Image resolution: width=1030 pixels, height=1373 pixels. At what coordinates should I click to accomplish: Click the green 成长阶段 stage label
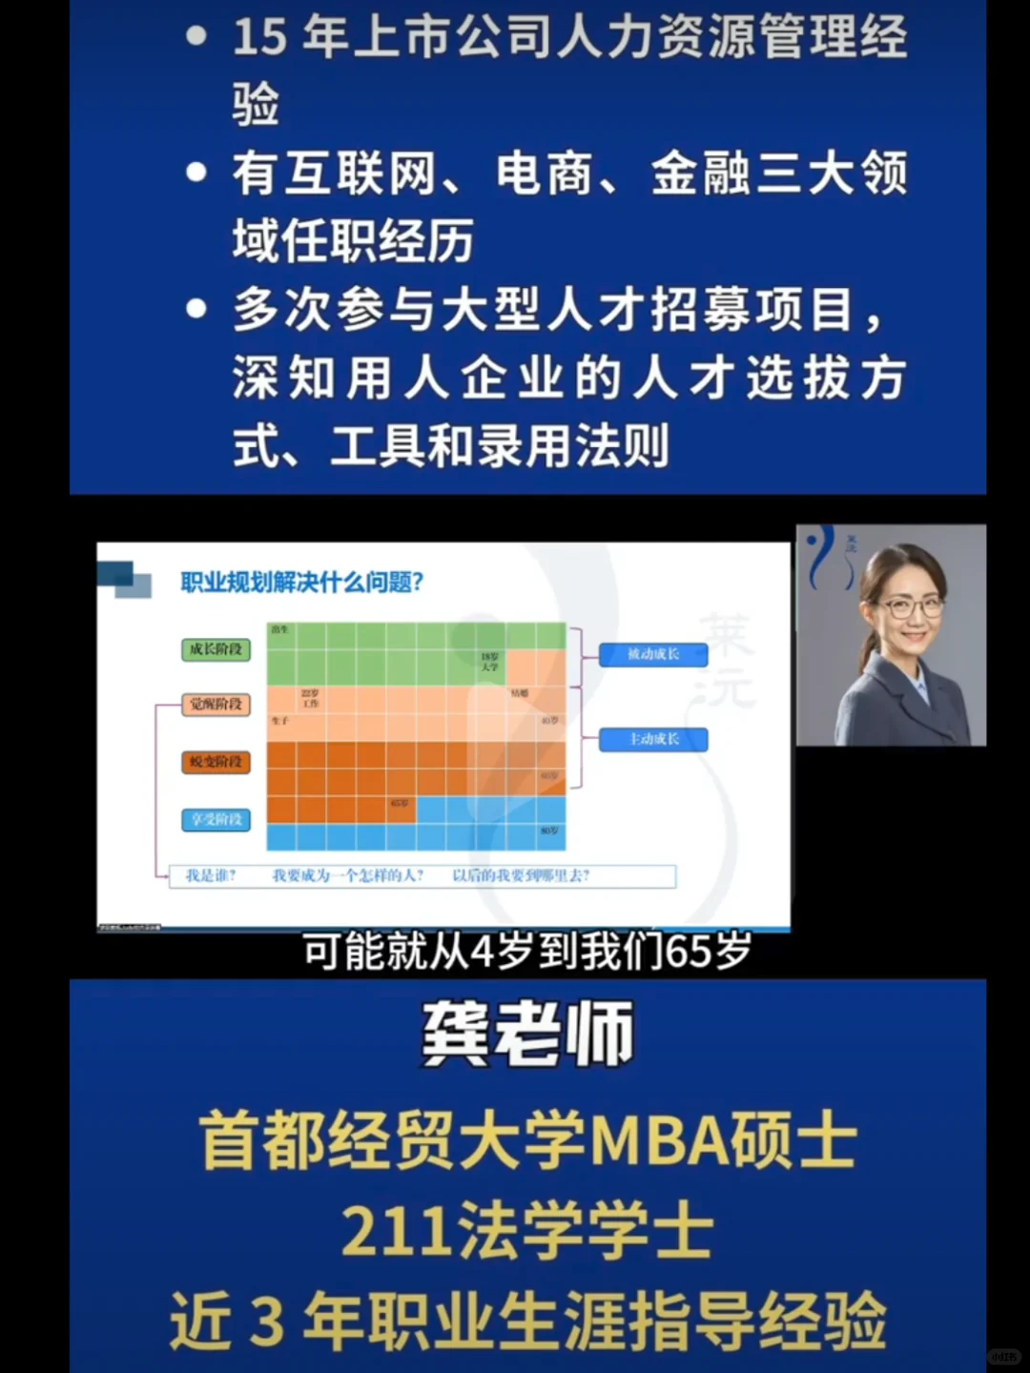216,649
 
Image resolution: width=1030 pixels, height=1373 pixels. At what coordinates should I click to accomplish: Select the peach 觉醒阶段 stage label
216,705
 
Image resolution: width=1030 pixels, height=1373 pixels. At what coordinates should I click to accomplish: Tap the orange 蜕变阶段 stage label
216,762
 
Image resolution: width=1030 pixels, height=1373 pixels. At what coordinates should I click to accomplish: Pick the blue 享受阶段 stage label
216,819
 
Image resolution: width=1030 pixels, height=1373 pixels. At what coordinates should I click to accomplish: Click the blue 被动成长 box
653,654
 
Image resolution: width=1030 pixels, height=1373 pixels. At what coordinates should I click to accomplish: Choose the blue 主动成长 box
653,739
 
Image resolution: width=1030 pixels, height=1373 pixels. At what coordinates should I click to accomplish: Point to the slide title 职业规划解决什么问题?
302,582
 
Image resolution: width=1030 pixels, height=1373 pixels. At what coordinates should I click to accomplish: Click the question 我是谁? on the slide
211,875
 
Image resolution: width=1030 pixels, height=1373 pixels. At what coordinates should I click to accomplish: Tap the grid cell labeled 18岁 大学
490,662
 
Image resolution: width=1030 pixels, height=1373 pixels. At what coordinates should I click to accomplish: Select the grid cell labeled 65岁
400,804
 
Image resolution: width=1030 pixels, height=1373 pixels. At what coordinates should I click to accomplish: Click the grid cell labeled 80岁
549,831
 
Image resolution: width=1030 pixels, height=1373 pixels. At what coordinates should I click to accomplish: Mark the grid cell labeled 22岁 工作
310,699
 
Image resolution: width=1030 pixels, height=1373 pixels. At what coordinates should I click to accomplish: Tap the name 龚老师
527,1035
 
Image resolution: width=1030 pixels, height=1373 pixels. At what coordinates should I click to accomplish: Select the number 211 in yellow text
395,1231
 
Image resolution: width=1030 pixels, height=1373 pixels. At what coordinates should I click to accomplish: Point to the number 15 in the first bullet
259,38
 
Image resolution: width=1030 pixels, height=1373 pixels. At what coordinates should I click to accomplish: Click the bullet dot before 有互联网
197,173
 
